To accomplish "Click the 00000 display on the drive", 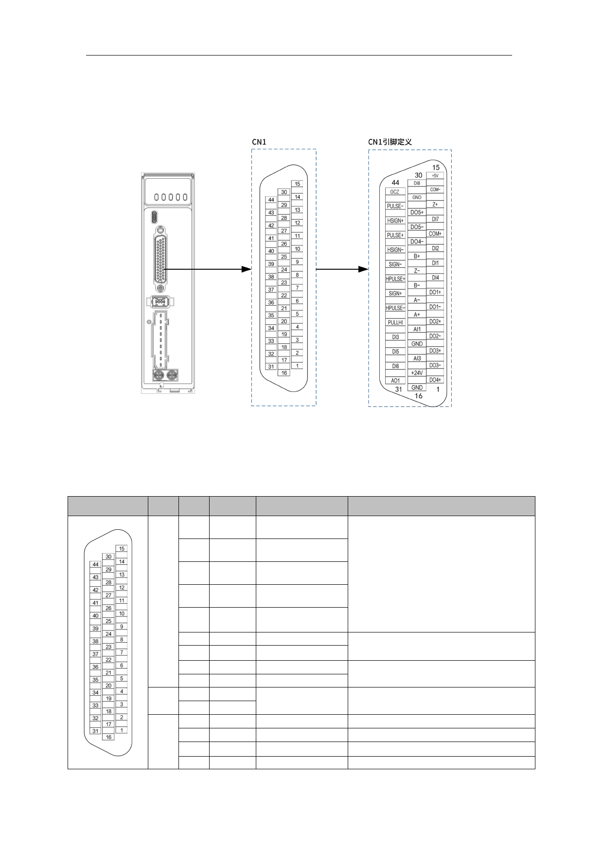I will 171,197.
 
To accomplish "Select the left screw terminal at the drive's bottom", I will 159,375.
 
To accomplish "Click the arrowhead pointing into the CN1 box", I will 247,269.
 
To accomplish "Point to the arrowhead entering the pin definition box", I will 363,269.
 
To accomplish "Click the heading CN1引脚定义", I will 390,142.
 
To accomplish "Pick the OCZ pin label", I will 395,192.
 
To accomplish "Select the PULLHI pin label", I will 395,323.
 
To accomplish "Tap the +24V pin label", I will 417,373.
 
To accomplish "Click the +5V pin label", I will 435,175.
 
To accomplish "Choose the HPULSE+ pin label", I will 395,279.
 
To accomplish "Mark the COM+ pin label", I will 435,234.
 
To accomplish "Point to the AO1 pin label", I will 395,381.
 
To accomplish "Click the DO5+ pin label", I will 417,213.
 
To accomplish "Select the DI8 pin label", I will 417,183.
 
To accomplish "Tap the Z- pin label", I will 417,271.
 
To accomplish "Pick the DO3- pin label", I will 435,365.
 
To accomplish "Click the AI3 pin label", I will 417,358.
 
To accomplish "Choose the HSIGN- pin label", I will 395,250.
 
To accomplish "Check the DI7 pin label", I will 435,219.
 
